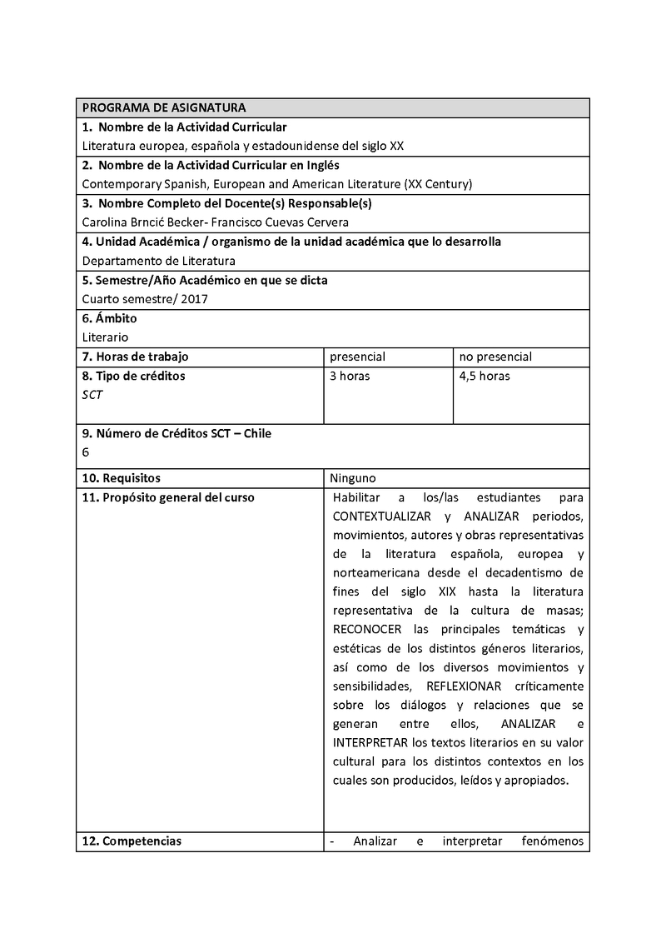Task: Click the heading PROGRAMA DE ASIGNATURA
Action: point(163,107)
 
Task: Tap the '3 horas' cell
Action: point(350,376)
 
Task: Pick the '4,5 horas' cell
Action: point(485,376)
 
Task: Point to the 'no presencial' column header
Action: point(495,357)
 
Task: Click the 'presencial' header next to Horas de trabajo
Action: point(357,357)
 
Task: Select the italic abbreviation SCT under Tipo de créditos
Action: point(92,395)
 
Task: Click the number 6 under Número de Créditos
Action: point(86,452)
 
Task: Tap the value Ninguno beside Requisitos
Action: point(353,478)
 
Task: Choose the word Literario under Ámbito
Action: point(106,337)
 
